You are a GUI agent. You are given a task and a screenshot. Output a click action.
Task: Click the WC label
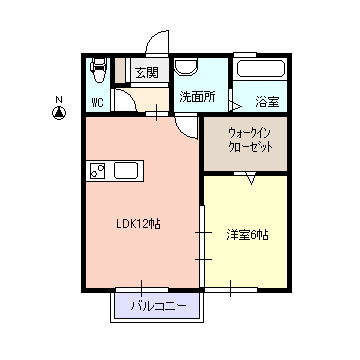[x=97, y=103]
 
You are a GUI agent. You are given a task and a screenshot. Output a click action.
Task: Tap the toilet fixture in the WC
[x=98, y=70]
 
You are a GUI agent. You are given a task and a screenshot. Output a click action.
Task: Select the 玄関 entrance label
[x=147, y=71]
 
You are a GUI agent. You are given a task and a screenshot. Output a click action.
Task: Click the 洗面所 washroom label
[x=197, y=97]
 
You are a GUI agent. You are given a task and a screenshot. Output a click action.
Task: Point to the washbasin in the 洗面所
[x=186, y=67]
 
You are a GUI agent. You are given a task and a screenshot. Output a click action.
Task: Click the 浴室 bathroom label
[x=267, y=102]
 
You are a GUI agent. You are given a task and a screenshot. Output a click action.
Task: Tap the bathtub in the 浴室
[x=260, y=69]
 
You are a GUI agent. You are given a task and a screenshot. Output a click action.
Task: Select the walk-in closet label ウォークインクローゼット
[x=250, y=140]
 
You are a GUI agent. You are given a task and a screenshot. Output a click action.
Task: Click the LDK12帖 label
[x=138, y=224]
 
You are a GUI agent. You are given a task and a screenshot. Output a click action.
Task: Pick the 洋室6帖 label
[x=247, y=235]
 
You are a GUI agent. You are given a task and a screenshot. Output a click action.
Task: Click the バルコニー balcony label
[x=158, y=306]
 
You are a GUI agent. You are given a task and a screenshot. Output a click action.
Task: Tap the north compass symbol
[x=59, y=113]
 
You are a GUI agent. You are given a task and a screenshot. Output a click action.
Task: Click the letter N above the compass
[x=59, y=99]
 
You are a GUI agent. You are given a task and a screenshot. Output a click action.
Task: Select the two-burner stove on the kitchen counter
[x=98, y=171]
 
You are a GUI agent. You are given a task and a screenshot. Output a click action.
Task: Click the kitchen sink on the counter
[x=126, y=171]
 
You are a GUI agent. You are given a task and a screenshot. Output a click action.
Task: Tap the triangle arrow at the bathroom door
[x=236, y=106]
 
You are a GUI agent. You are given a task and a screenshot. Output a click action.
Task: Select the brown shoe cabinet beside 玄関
[x=120, y=70]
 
